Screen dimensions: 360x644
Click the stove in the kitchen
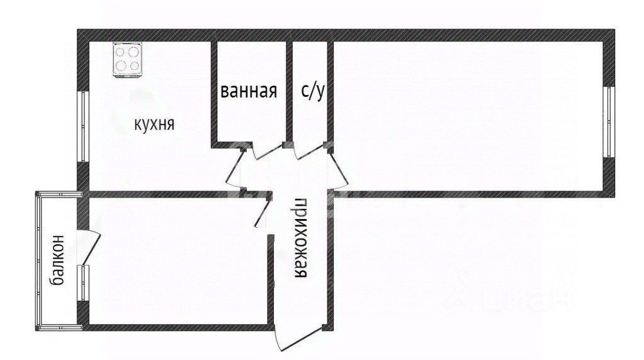127,60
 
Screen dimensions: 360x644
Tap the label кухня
154,124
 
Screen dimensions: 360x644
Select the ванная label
249,92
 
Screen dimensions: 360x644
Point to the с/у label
312,92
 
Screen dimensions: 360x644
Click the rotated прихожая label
302,240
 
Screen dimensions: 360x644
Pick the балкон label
57,260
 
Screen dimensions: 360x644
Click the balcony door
90,245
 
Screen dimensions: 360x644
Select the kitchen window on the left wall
82,127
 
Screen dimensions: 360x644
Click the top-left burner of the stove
121,53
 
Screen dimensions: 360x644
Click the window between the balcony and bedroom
83,284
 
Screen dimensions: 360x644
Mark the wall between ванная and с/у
290,92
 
